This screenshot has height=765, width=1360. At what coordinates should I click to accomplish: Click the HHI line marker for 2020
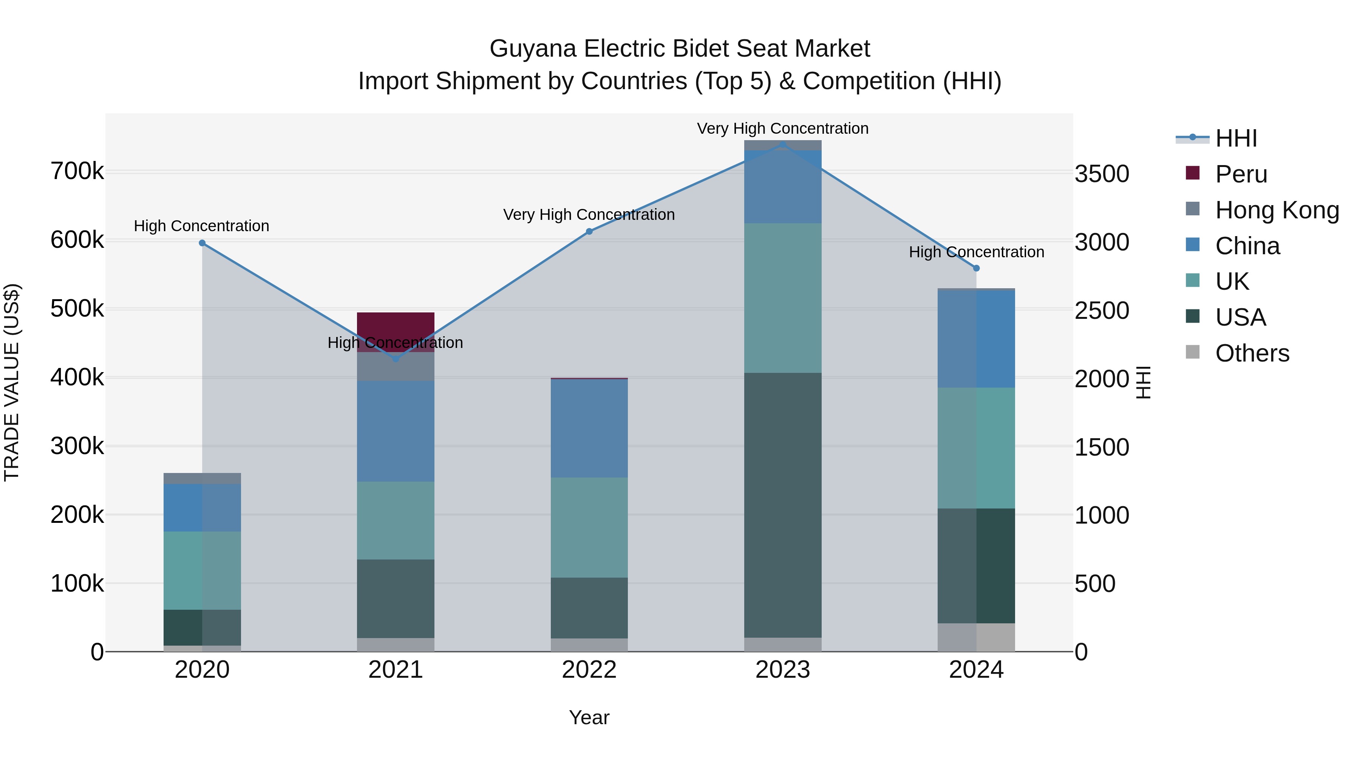(x=202, y=243)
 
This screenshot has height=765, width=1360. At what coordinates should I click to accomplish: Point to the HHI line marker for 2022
(x=589, y=231)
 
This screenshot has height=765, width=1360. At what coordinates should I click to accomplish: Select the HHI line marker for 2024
(x=976, y=268)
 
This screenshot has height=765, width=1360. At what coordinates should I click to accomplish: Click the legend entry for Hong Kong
(x=1277, y=210)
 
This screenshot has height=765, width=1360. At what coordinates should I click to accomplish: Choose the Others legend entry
(x=1252, y=353)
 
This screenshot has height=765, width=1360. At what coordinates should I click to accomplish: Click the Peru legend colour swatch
(x=1193, y=173)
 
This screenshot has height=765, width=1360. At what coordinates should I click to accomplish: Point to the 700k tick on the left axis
(x=77, y=171)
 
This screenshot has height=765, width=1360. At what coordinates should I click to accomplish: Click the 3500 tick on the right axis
(x=1102, y=174)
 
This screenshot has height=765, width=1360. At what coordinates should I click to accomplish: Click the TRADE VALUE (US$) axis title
(x=12, y=382)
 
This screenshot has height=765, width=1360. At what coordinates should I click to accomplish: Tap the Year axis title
(x=589, y=717)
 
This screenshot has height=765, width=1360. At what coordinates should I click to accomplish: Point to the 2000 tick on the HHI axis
(x=1102, y=379)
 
